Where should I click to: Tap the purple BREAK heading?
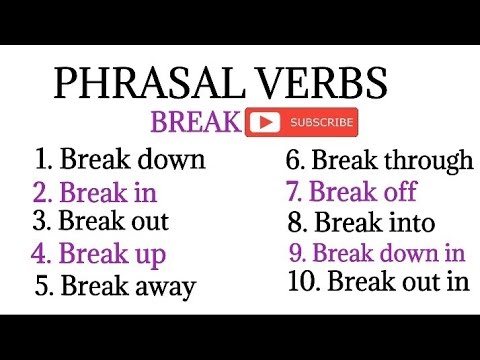(x=196, y=123)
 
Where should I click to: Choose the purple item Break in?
(x=94, y=191)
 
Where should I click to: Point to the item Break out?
(x=100, y=220)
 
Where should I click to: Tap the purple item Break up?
(x=98, y=253)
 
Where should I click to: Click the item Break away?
(x=115, y=285)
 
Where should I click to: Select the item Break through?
(x=380, y=159)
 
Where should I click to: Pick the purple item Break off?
(x=351, y=191)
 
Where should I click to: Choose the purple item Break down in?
(x=376, y=252)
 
